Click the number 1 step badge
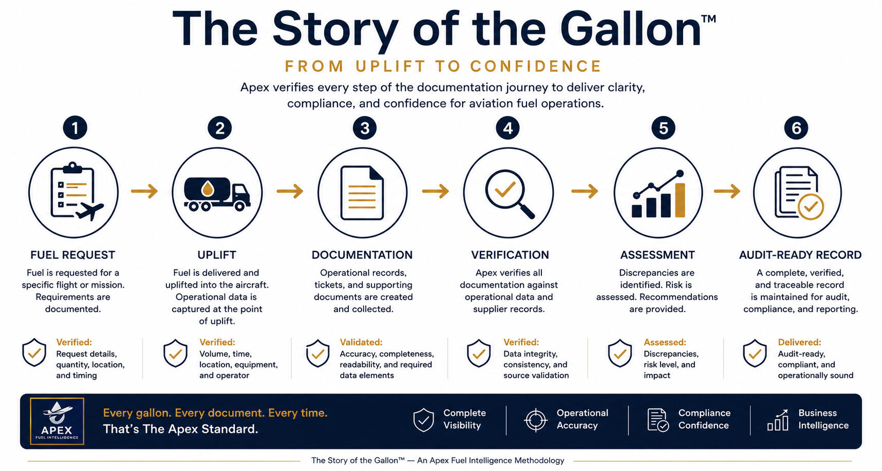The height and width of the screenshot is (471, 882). [75, 128]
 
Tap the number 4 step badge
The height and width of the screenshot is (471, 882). [508, 128]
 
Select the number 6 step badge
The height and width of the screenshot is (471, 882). [796, 128]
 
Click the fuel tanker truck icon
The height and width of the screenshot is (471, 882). [217, 193]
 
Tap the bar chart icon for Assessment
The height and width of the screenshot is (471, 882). [659, 194]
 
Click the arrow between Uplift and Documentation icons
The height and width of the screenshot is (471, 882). [290, 191]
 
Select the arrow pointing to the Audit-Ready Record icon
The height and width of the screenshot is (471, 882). [727, 191]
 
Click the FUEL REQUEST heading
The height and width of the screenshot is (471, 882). [72, 255]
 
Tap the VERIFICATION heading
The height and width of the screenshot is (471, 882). [510, 255]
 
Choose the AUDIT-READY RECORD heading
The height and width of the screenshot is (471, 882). [800, 255]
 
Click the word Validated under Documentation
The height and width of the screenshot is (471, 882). [361, 342]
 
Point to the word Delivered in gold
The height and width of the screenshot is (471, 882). [799, 342]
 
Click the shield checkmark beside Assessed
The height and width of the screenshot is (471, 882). [620, 353]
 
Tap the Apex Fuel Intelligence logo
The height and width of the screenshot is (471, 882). [57, 421]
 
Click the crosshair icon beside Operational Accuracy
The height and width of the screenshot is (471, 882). [536, 420]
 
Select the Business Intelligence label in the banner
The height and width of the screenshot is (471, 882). [823, 419]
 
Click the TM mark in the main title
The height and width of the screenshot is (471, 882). [708, 19]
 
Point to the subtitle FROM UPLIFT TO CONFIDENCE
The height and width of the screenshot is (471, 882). [443, 66]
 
